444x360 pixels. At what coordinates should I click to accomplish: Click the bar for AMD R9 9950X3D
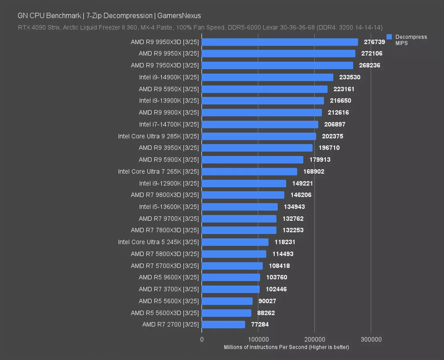pyautogui.click(x=280, y=42)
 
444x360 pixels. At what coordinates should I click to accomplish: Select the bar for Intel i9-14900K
pyautogui.click(x=267, y=77)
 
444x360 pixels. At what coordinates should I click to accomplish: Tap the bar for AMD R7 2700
pyautogui.click(x=223, y=324)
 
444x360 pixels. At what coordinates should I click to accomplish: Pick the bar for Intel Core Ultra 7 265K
pyautogui.click(x=249, y=172)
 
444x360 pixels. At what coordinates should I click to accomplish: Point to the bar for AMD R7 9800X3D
pyautogui.click(x=243, y=195)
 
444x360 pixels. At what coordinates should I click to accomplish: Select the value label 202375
pyautogui.click(x=332, y=136)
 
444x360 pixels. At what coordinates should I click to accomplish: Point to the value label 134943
pyautogui.click(x=294, y=207)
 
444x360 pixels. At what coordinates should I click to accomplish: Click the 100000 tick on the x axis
pyautogui.click(x=258, y=340)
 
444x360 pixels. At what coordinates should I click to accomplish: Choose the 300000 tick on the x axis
pyautogui.click(x=371, y=340)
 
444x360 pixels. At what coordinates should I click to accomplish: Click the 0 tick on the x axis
pyautogui.click(x=202, y=340)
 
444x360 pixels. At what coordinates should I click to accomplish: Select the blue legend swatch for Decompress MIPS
pyautogui.click(x=389, y=37)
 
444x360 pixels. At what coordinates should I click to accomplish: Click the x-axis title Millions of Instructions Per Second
pyautogui.click(x=286, y=347)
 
